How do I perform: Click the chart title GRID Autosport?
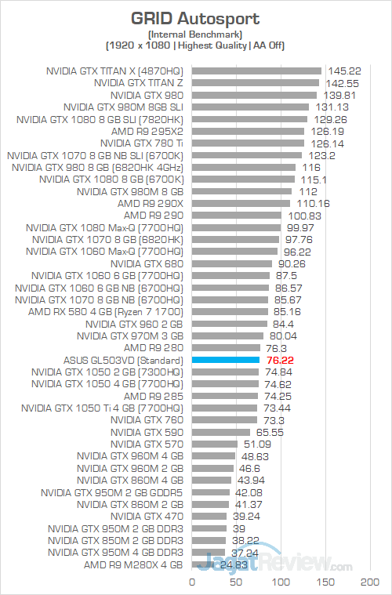pos(196,17)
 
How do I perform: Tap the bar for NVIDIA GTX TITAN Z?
pos(255,82)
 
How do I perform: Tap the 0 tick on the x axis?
pos(192,582)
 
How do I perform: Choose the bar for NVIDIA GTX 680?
pos(232,263)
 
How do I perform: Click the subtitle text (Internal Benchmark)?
pos(196,34)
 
